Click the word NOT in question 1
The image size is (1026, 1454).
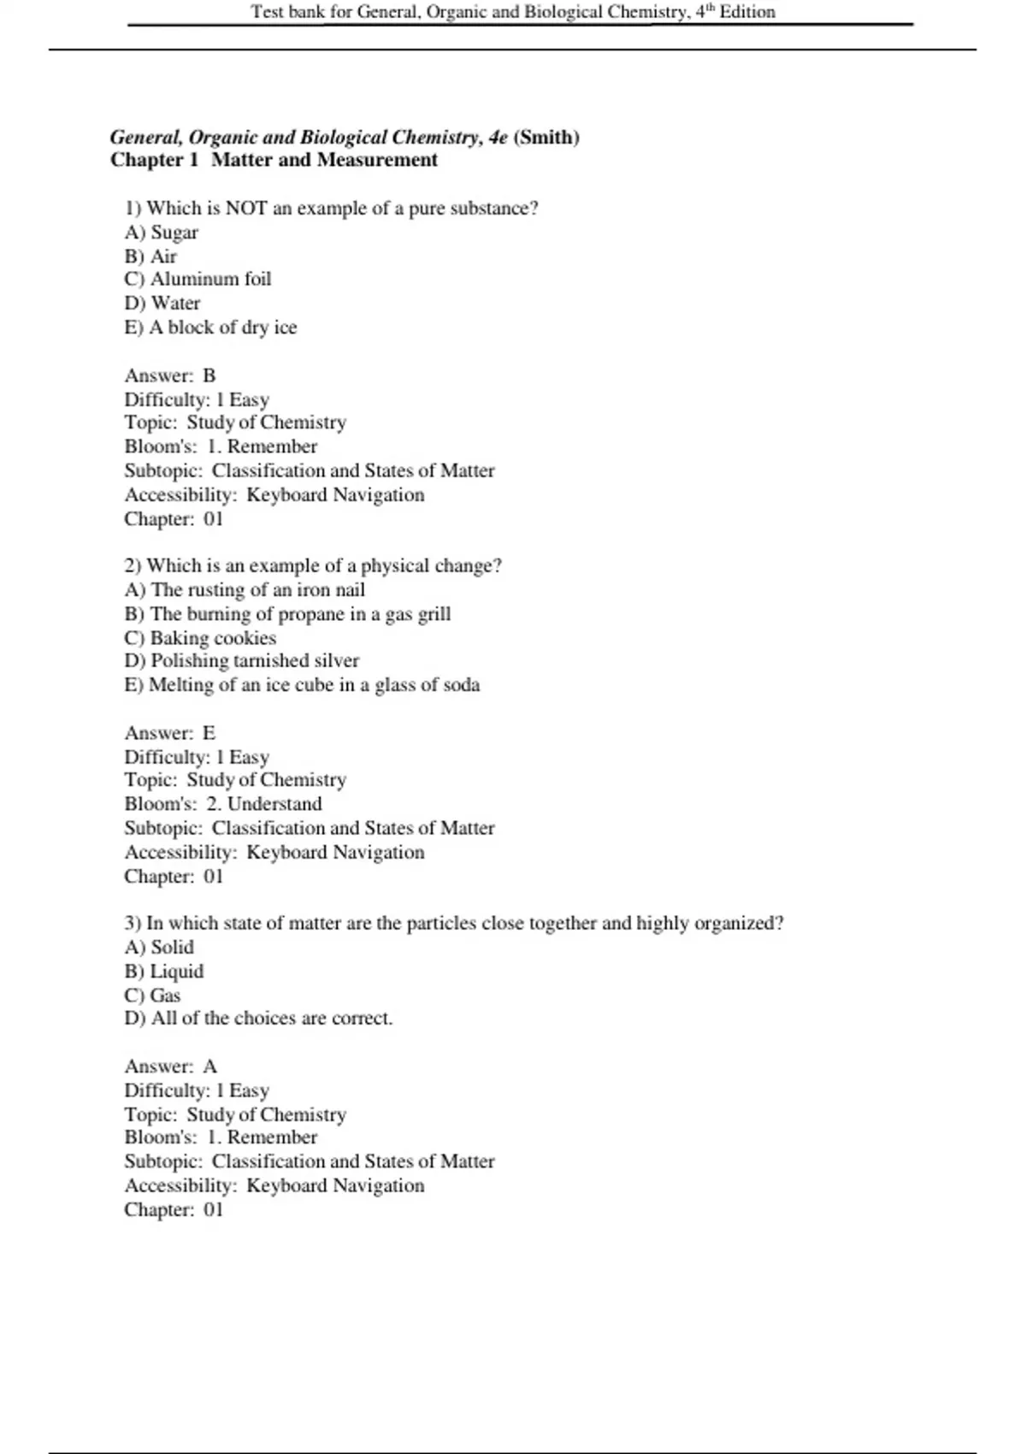(x=246, y=209)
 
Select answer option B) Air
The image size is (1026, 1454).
(x=150, y=257)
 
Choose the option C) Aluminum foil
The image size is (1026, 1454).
(x=198, y=280)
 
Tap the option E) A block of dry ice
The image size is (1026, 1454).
(x=210, y=328)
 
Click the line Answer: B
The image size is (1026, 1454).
(x=170, y=375)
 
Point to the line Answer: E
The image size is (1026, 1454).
(x=170, y=733)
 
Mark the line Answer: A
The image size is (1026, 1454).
(x=171, y=1067)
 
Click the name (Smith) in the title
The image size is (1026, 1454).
(x=546, y=138)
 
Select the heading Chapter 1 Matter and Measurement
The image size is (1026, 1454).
(x=274, y=161)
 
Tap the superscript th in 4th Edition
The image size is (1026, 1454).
(x=710, y=8)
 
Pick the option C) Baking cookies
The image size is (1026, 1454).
(x=200, y=638)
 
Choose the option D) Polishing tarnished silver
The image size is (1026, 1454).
(x=241, y=661)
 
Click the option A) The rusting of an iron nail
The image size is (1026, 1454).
(x=245, y=590)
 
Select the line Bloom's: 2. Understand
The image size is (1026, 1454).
(x=223, y=804)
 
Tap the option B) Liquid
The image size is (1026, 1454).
(x=164, y=972)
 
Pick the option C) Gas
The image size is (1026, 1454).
(x=152, y=996)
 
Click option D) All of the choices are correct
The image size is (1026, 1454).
(x=258, y=1019)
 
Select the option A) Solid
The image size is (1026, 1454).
(x=159, y=948)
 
